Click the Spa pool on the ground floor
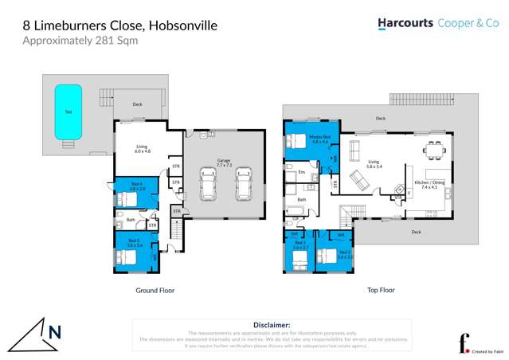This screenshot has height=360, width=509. (68, 111)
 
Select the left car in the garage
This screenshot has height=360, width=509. (209, 185)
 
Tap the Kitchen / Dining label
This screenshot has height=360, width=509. (430, 184)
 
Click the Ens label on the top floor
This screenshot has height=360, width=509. (301, 172)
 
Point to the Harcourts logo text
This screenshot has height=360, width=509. (406, 24)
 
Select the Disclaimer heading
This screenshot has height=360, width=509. (272, 325)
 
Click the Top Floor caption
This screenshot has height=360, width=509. (381, 291)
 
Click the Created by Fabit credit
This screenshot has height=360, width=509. (480, 350)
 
